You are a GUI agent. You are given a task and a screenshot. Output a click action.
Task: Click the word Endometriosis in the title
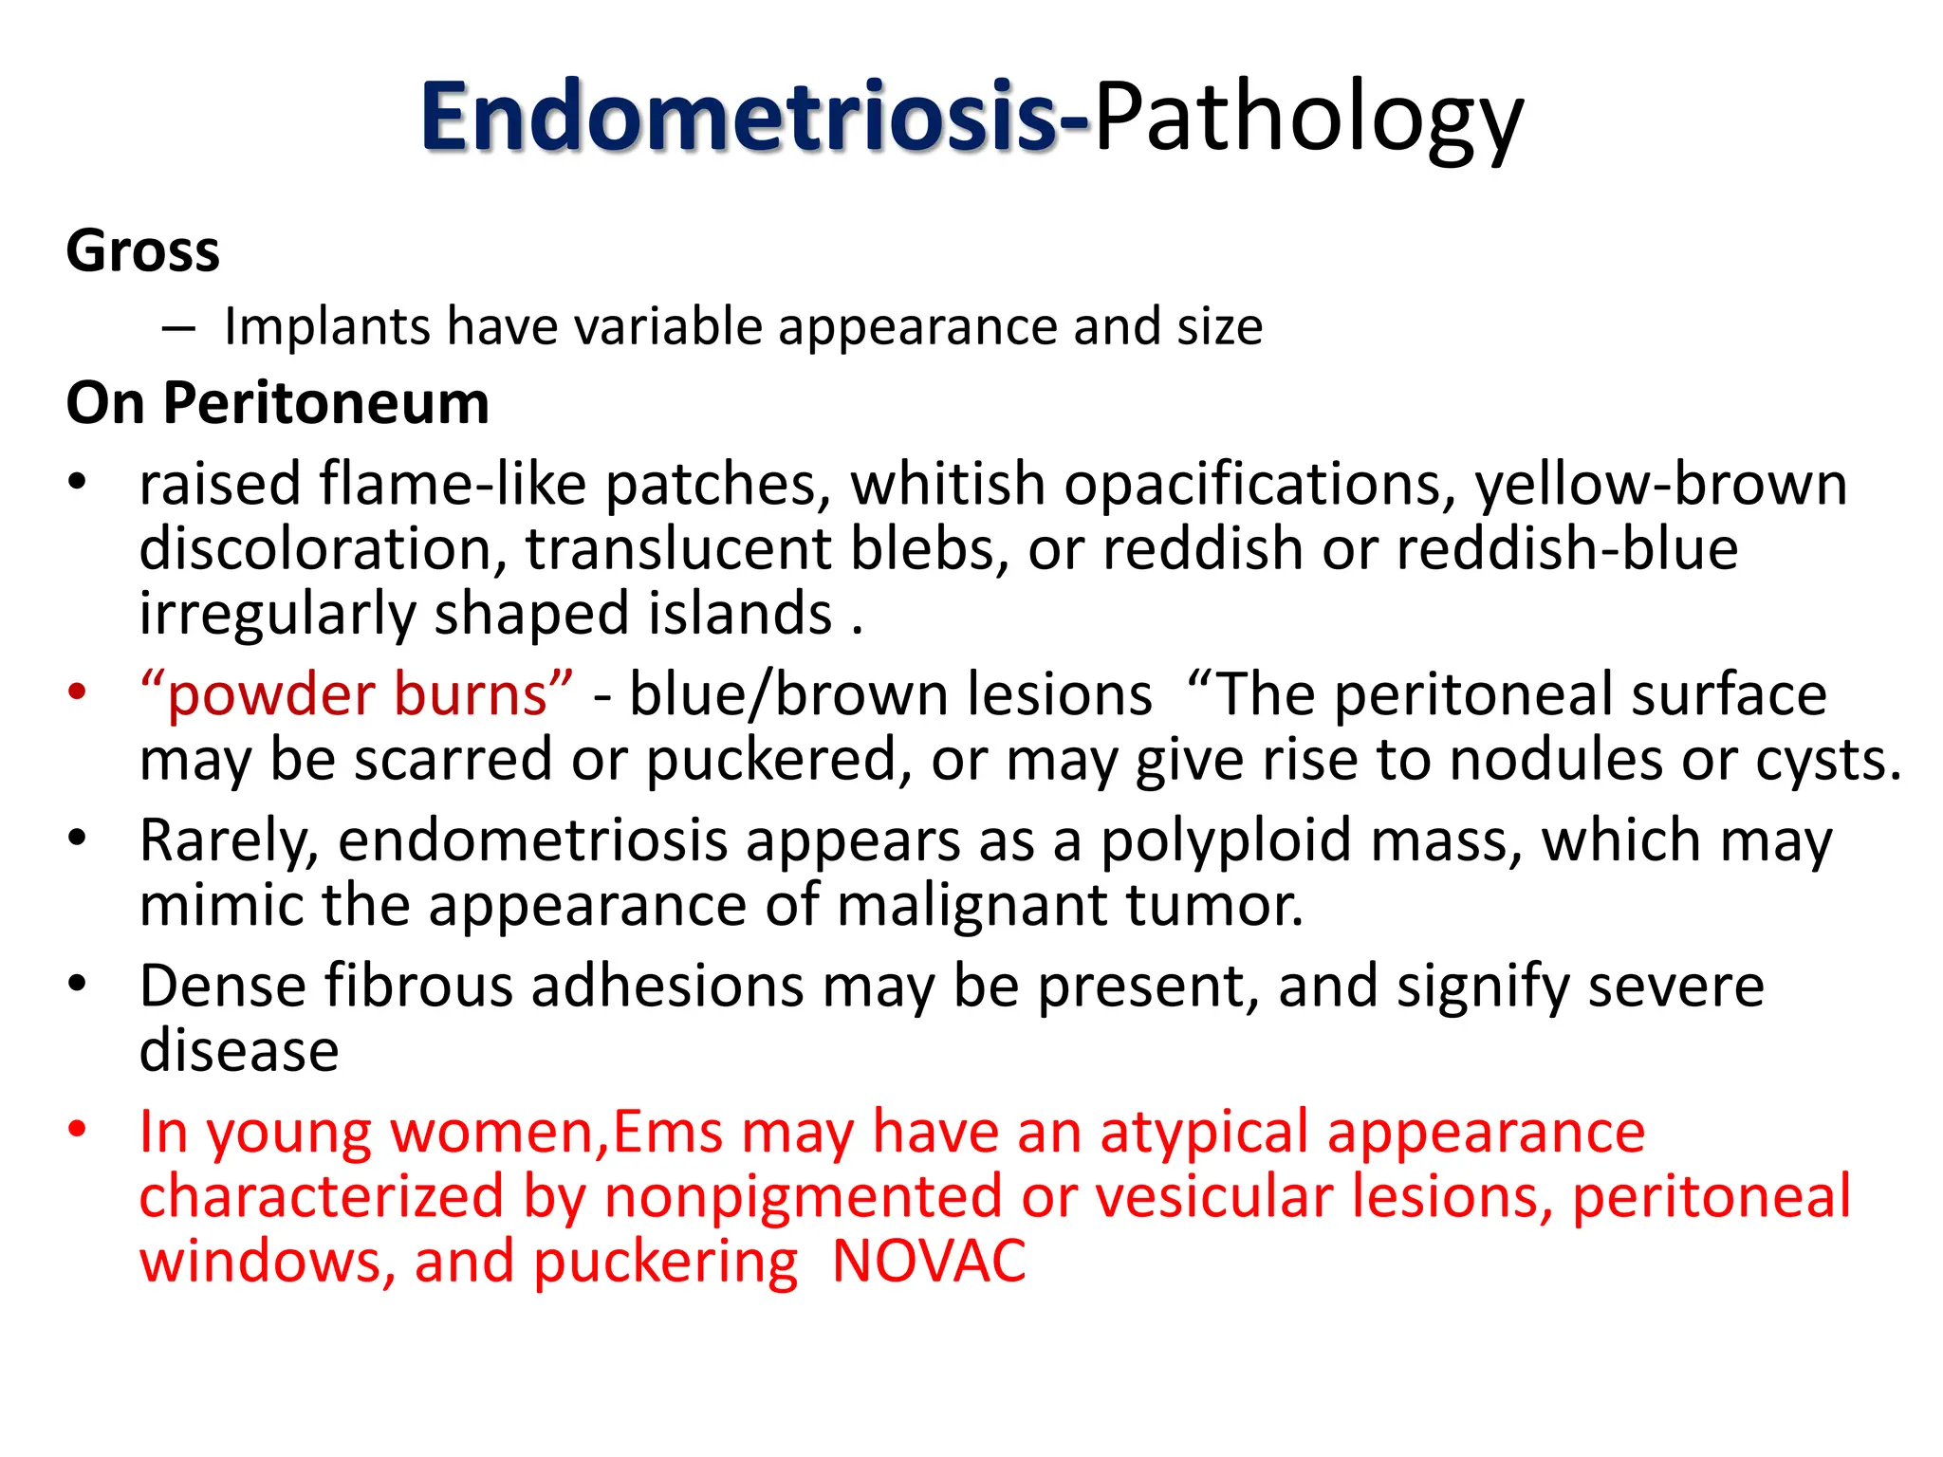(x=740, y=118)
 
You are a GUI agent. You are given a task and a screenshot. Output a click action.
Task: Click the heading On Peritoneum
(x=278, y=403)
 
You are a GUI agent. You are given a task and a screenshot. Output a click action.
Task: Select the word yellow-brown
(x=1661, y=484)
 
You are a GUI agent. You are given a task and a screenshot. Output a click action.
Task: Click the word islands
(x=741, y=614)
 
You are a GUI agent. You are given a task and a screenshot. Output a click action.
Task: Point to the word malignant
(x=972, y=906)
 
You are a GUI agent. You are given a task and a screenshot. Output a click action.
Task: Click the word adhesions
(x=668, y=987)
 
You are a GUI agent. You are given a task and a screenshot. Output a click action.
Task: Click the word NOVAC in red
(x=929, y=1262)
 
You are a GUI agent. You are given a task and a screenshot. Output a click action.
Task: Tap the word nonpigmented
(x=803, y=1197)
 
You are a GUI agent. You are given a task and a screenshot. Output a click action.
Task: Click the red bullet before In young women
(x=77, y=1130)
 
